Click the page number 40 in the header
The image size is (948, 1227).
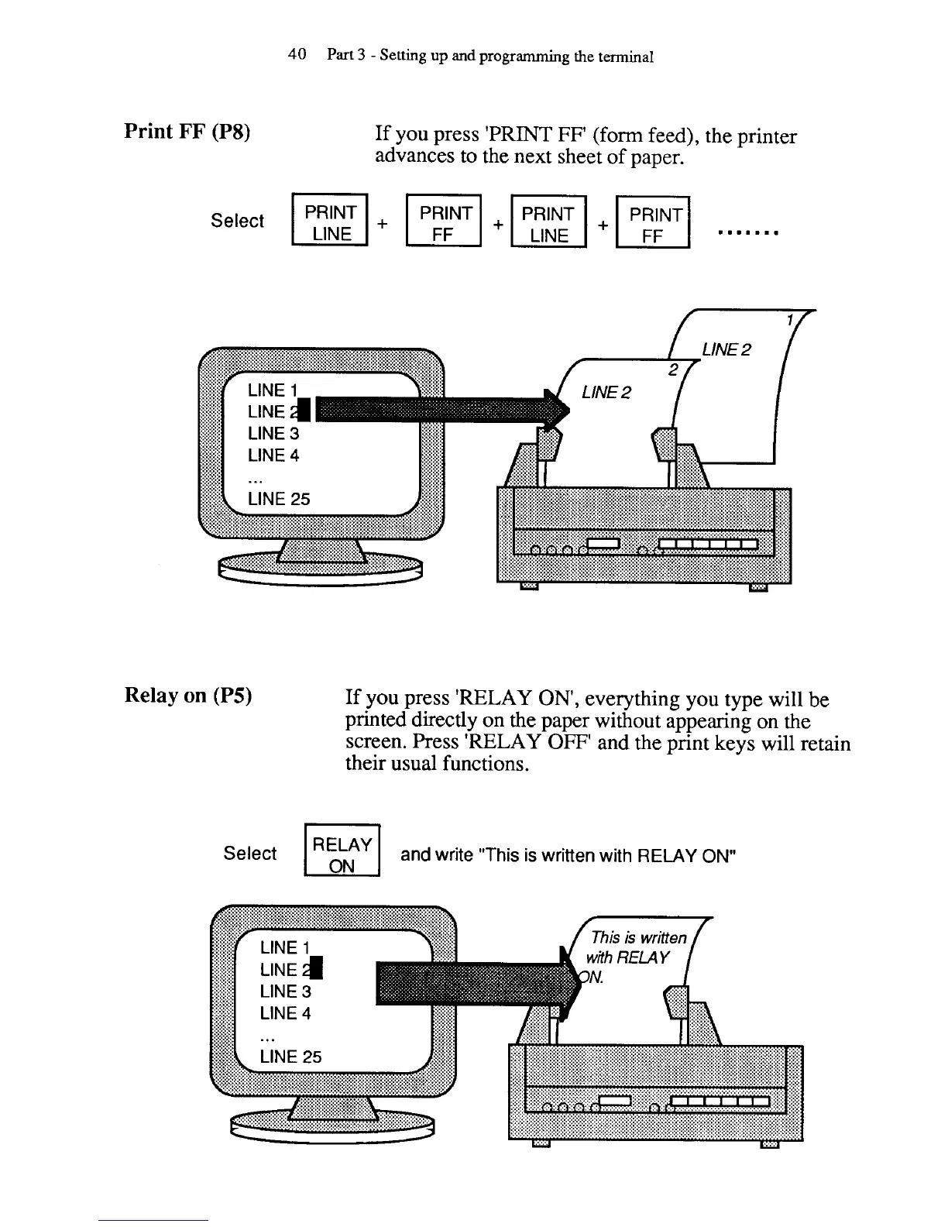[297, 55]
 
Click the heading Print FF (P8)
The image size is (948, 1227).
[187, 131]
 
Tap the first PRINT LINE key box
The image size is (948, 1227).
[330, 223]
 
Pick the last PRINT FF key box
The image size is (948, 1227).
[653, 225]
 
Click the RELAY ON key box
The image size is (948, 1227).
[342, 854]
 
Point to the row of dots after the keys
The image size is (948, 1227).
[747, 232]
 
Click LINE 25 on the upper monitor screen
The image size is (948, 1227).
[279, 499]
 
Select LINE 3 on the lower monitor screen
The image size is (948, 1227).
[285, 992]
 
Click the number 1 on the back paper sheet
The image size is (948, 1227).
[789, 321]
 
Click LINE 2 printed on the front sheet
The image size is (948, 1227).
[606, 393]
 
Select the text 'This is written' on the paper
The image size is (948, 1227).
[638, 937]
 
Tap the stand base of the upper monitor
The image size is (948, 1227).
[321, 569]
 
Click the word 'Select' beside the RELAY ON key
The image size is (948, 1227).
[249, 854]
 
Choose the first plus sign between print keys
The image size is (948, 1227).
[383, 223]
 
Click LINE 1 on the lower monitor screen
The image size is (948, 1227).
[285, 947]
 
